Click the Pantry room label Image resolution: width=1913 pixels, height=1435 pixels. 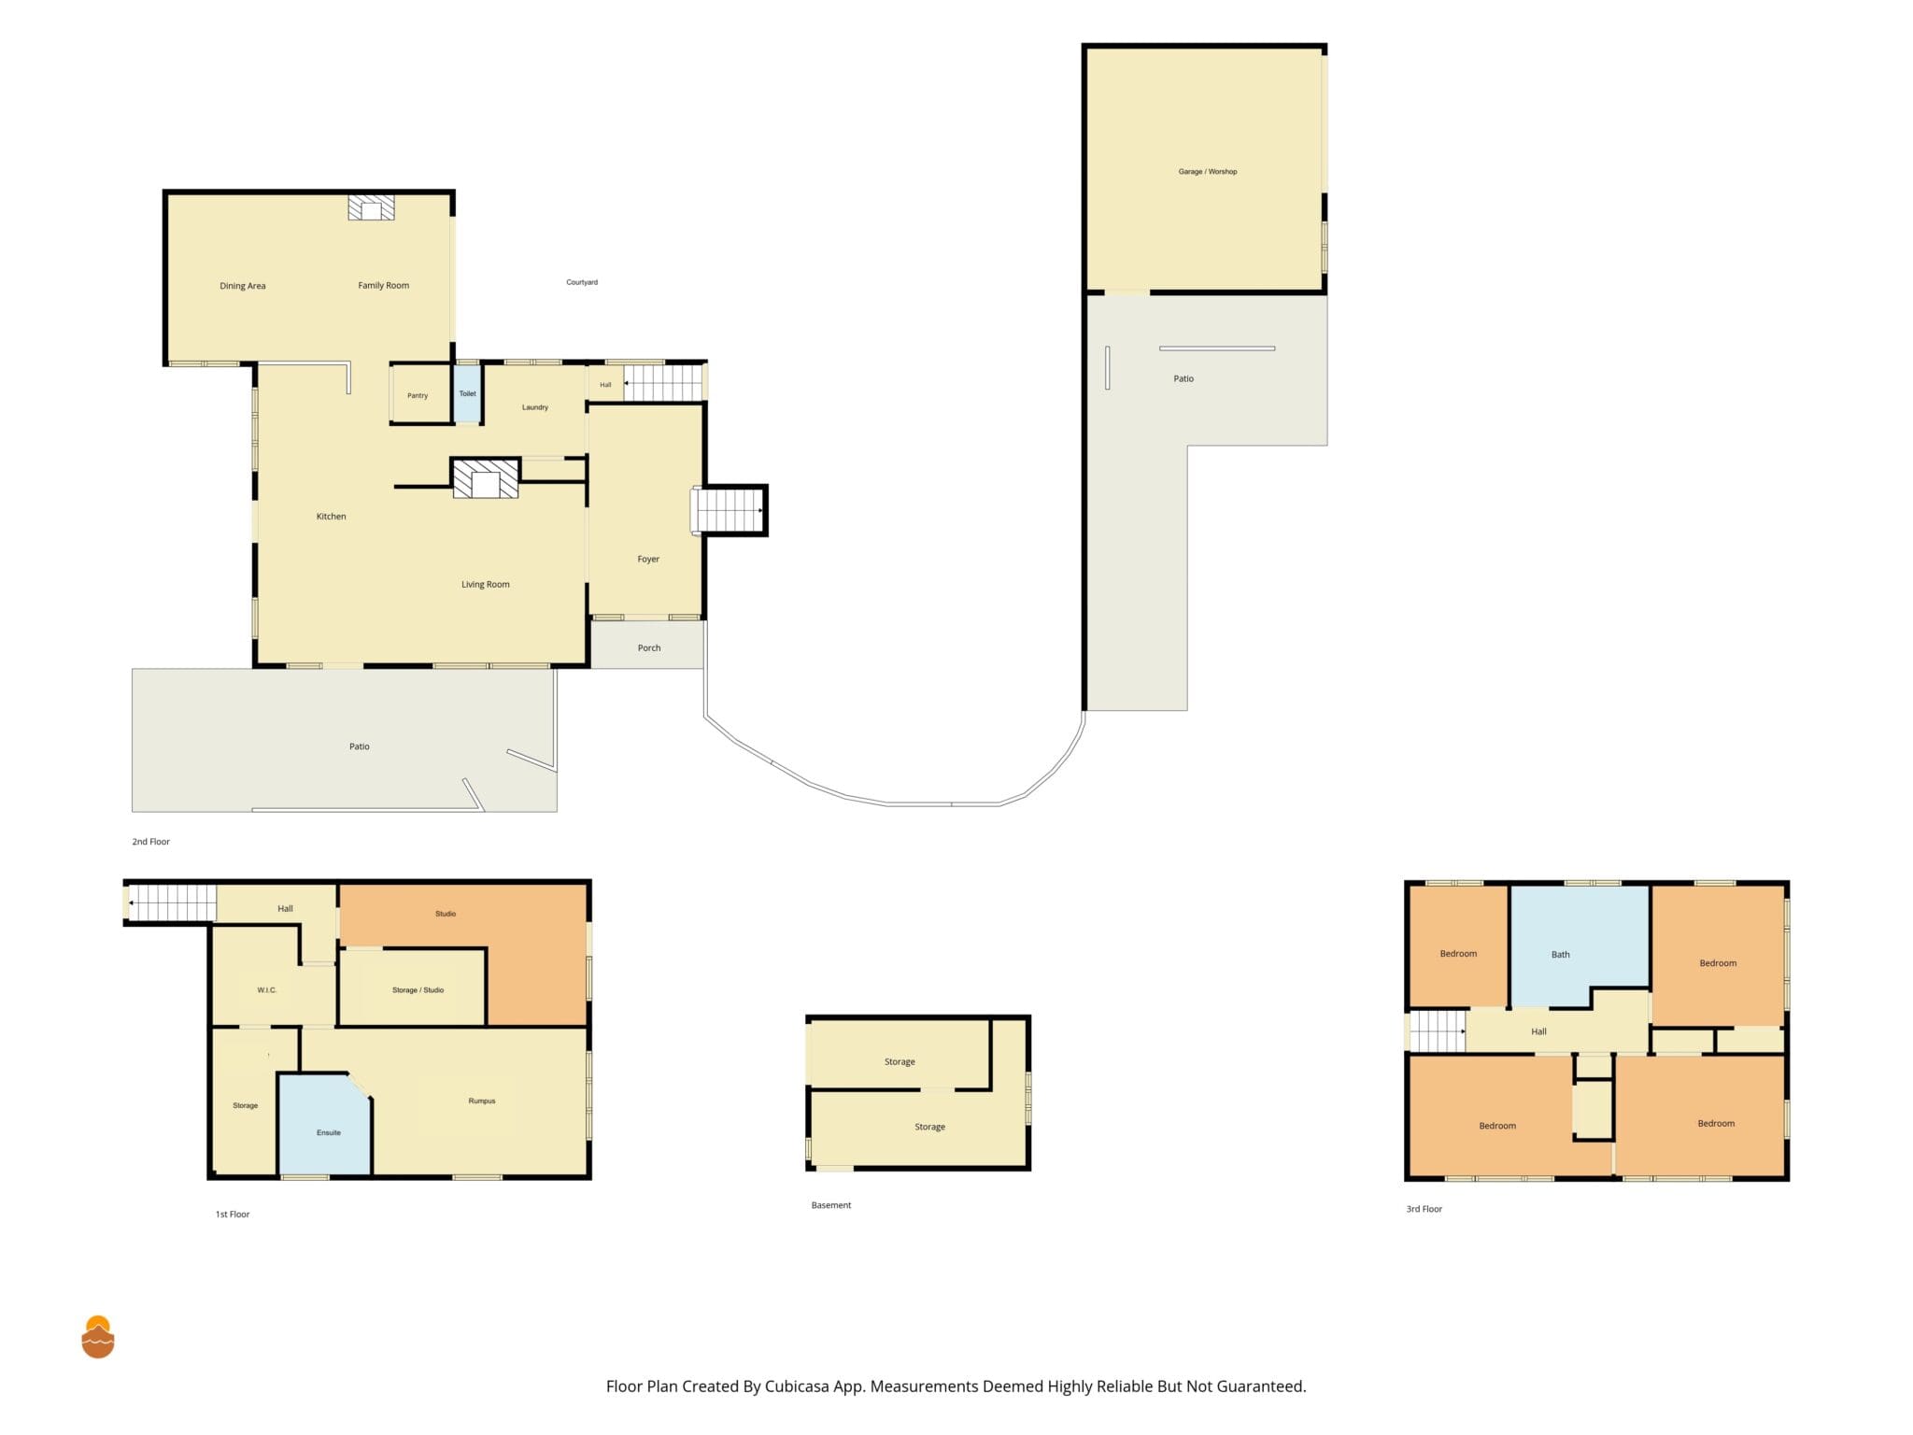click(418, 396)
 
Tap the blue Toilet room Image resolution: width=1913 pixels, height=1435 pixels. click(467, 393)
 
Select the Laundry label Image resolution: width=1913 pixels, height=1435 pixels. click(535, 407)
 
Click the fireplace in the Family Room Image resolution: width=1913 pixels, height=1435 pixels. click(372, 207)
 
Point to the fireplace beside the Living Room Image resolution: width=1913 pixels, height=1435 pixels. click(486, 479)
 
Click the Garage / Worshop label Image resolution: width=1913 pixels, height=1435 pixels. click(1208, 172)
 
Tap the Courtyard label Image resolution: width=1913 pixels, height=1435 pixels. click(582, 282)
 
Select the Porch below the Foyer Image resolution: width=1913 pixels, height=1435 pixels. click(647, 645)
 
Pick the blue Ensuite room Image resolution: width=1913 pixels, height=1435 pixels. click(325, 1126)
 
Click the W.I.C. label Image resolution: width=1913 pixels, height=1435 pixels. click(267, 990)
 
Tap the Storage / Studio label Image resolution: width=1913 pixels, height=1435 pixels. click(418, 990)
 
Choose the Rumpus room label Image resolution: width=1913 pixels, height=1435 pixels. click(482, 1101)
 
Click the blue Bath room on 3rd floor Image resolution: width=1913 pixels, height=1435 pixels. click(1579, 944)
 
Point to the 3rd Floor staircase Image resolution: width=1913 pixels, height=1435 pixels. click(1438, 1031)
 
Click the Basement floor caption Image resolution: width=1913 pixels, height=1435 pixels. click(831, 1205)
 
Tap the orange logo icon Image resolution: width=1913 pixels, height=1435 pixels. click(98, 1337)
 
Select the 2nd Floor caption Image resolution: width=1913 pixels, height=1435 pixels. click(150, 842)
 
